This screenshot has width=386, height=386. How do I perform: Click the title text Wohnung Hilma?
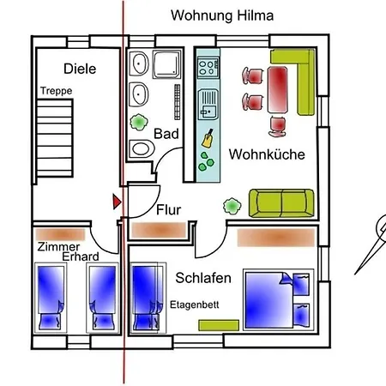222,15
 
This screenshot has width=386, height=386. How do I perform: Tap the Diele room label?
80,69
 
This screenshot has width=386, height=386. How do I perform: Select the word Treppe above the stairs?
56,91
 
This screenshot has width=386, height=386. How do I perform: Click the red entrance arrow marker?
117,202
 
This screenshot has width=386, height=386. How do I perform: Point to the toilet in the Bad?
142,148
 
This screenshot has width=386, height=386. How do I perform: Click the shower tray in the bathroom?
167,64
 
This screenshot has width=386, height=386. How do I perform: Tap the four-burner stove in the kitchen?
208,68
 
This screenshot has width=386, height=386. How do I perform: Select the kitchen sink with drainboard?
208,104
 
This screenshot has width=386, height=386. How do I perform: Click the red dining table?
277,89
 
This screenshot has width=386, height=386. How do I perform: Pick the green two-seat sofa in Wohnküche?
281,203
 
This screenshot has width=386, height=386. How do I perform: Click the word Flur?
169,210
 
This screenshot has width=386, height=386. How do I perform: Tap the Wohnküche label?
267,154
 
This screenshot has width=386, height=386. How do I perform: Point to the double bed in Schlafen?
278,299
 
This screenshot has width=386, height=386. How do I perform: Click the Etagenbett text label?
195,305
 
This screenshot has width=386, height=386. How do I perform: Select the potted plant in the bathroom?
139,122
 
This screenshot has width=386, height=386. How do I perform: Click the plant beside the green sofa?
232,206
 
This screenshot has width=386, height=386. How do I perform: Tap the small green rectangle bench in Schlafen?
219,325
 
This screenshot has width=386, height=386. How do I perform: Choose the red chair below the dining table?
277,126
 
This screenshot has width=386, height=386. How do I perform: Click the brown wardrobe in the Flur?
159,230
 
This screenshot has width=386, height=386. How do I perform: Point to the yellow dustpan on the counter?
208,139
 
